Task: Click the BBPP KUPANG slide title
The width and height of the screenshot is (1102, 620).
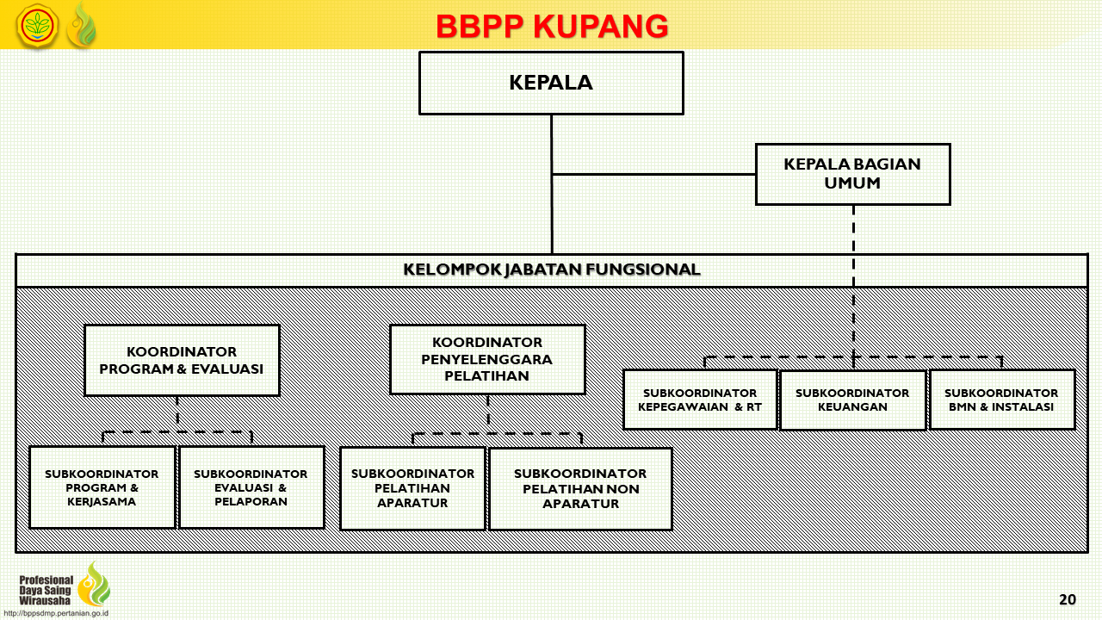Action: tap(552, 26)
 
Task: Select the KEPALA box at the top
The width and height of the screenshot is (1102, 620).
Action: tap(551, 84)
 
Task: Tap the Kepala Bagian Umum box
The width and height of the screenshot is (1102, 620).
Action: tap(852, 174)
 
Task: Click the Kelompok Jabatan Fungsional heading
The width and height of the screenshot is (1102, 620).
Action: tap(552, 270)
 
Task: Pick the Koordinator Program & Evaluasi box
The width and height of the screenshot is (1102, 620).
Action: tap(182, 360)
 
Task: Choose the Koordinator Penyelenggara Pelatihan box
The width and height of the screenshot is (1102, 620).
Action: tap(487, 359)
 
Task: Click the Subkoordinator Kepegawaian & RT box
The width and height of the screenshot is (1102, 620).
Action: tap(700, 400)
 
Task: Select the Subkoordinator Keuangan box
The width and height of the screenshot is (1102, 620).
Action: tap(852, 400)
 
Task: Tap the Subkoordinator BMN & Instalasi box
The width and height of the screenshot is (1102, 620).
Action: tap(1001, 400)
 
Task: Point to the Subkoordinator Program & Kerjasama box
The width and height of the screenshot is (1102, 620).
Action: tap(102, 487)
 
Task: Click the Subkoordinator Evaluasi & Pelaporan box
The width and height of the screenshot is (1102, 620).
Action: tap(251, 487)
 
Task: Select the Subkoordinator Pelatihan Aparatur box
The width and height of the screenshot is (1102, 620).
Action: tap(412, 488)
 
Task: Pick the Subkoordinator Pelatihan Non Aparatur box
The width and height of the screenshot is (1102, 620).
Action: tap(580, 488)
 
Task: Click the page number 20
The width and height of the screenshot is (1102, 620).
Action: tap(1068, 599)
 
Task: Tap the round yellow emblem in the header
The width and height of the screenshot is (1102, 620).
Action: tap(37, 26)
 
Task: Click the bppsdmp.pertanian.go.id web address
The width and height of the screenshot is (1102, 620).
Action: tap(56, 614)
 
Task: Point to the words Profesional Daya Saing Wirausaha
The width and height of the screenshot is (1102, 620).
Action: tap(46, 590)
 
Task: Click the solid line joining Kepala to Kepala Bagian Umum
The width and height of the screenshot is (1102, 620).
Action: tap(653, 174)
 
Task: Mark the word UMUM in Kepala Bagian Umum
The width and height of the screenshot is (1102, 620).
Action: tap(852, 183)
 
